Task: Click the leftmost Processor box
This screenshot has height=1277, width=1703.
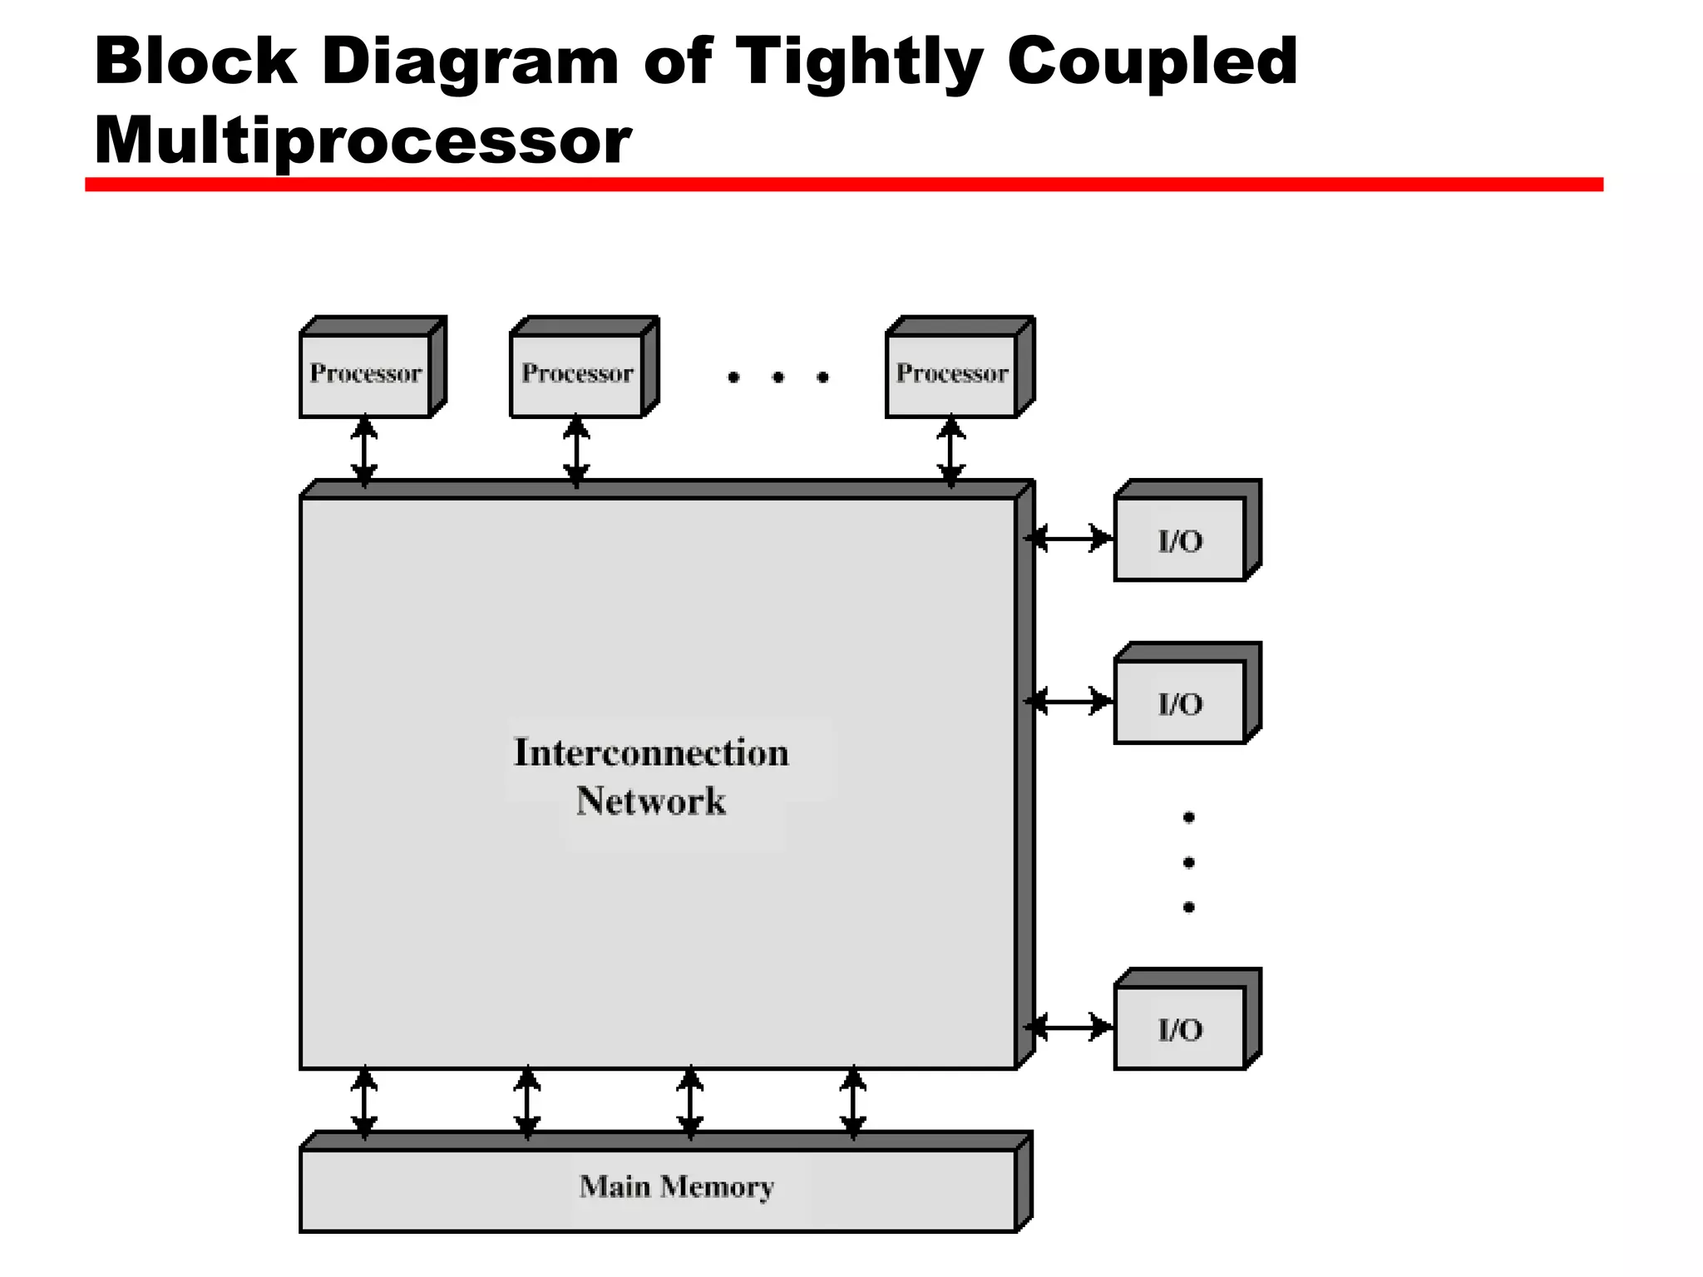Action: [x=366, y=374]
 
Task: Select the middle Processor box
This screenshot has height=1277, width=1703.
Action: [x=577, y=374]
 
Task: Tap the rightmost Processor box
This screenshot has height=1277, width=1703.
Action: [x=952, y=374]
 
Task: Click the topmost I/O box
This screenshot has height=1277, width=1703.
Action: [x=1180, y=540]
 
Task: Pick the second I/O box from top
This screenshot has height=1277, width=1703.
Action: [x=1180, y=703]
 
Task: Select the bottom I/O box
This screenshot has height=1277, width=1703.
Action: [x=1180, y=1029]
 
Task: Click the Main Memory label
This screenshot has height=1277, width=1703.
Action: [x=676, y=1186]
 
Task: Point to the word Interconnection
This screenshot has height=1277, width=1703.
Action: [x=651, y=752]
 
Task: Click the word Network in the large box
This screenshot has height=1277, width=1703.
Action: [x=651, y=801]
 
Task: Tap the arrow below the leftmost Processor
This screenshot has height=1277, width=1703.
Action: [x=364, y=451]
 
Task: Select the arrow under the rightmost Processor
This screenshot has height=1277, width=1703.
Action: [x=951, y=451]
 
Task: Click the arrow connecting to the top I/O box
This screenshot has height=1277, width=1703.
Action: [x=1069, y=539]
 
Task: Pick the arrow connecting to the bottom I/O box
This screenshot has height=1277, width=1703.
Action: [x=1069, y=1028]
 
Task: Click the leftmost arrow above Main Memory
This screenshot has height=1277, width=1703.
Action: [x=364, y=1103]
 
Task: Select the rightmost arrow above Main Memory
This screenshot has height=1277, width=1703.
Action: [x=853, y=1103]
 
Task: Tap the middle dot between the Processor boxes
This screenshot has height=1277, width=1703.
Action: [x=778, y=377]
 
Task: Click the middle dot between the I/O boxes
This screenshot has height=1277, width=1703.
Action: [x=1189, y=863]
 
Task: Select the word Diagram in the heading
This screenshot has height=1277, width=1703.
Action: [x=471, y=62]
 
